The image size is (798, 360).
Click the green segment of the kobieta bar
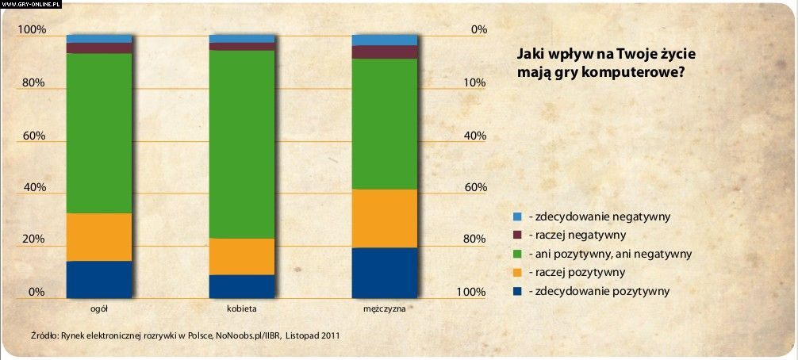click(x=242, y=143)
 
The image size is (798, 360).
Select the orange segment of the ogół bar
click(x=99, y=236)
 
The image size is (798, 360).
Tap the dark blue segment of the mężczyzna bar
click(x=385, y=272)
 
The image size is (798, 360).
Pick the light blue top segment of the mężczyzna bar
click(x=385, y=40)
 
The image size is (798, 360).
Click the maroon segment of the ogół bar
click(x=99, y=48)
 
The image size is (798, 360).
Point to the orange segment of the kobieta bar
click(x=242, y=256)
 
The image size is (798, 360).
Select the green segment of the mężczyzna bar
click(x=385, y=123)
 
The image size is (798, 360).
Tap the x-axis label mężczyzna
click(x=385, y=308)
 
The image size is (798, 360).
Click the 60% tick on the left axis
click(x=33, y=136)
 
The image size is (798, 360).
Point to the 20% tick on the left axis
click(x=33, y=239)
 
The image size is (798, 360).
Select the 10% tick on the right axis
click(x=474, y=83)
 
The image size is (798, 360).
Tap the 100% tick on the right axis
click(x=471, y=292)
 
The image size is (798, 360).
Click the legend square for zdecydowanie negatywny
click(x=517, y=216)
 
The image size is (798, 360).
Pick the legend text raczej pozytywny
click(x=581, y=273)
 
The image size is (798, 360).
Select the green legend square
click(x=517, y=254)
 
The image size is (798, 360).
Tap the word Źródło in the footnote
click(x=44, y=335)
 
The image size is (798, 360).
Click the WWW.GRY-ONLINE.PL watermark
click(x=32, y=4)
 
